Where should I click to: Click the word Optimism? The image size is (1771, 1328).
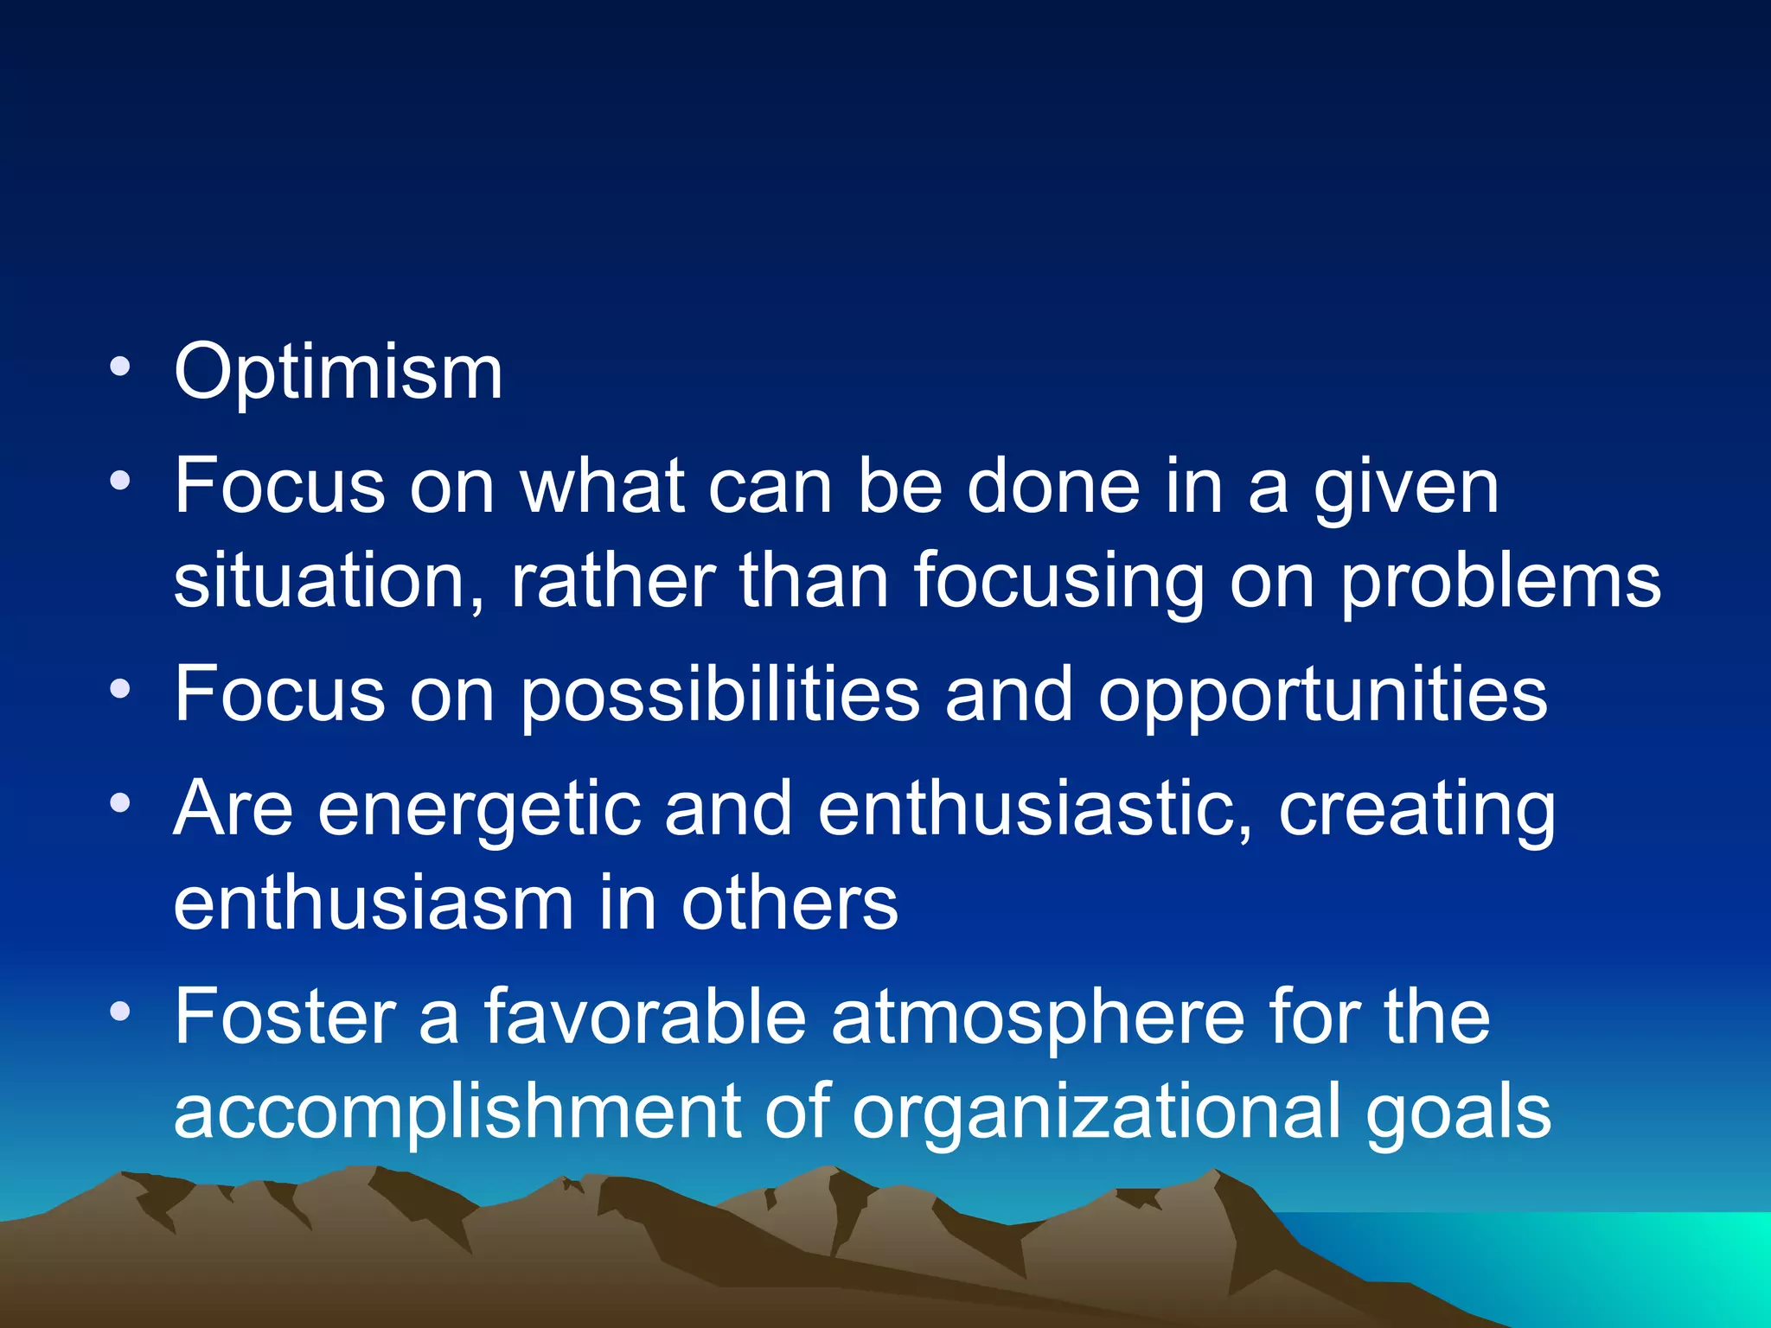(338, 373)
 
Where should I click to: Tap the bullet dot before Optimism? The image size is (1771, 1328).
(120, 366)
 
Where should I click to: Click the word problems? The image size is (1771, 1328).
(1500, 582)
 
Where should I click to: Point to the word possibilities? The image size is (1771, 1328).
(719, 695)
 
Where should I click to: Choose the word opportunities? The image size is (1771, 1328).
(1322, 695)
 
